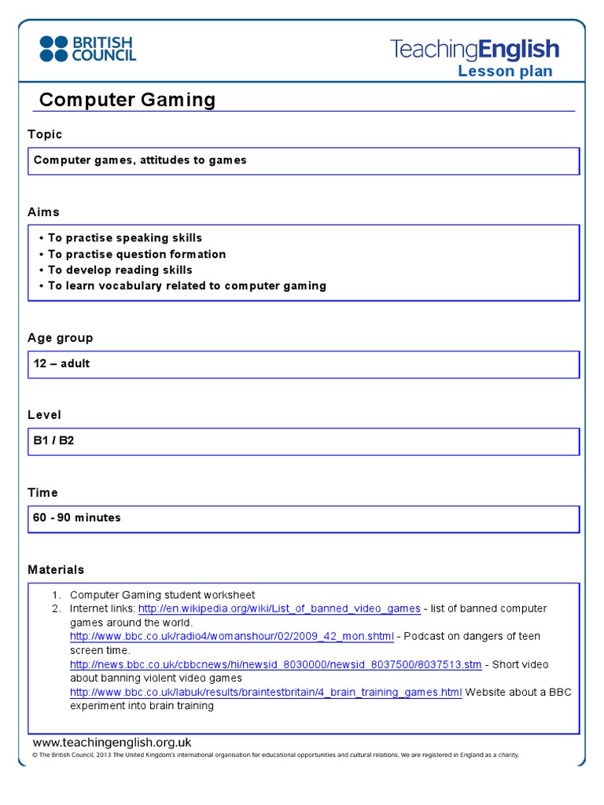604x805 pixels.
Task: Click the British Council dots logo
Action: (53, 48)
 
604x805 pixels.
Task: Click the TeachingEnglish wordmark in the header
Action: (474, 50)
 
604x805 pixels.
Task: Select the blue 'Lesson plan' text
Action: (505, 72)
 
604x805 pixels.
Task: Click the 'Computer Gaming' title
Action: (127, 100)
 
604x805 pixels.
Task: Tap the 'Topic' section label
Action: (45, 134)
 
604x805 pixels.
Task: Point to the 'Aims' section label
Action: (43, 212)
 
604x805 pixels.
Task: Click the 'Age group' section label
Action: (61, 338)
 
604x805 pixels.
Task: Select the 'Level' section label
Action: (44, 415)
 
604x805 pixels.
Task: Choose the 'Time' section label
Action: (42, 493)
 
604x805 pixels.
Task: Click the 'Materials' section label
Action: (56, 570)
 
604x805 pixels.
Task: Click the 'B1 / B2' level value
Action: (53, 441)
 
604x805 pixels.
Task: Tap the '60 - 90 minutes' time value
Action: (77, 518)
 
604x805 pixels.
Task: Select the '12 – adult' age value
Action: (61, 364)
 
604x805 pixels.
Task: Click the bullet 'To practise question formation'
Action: (137, 254)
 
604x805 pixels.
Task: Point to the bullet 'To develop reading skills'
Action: (120, 270)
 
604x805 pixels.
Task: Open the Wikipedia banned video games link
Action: (279, 608)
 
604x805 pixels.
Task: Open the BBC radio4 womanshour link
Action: (231, 636)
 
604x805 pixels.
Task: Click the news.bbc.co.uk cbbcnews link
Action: (275, 664)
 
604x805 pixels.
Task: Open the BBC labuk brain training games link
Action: (266, 693)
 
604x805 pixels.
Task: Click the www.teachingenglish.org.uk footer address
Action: (112, 742)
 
